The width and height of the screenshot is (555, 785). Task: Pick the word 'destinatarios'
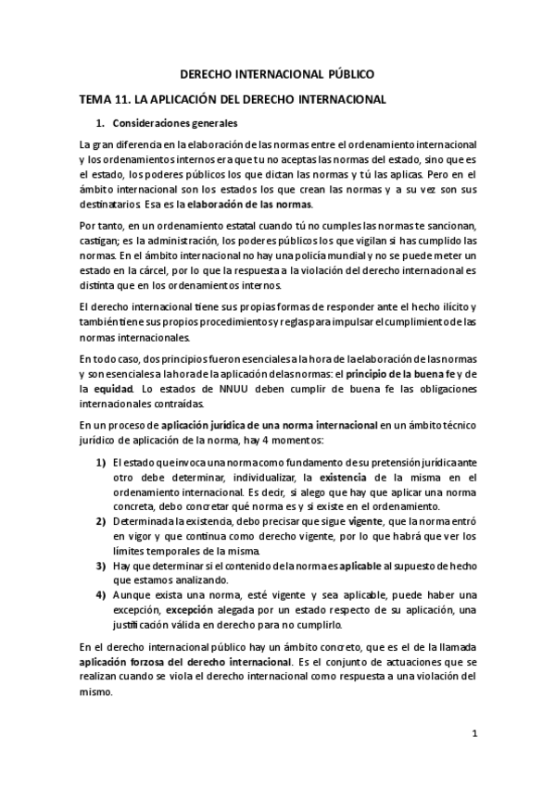pyautogui.click(x=110, y=204)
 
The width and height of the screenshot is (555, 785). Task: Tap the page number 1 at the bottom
pyautogui.click(x=473, y=736)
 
